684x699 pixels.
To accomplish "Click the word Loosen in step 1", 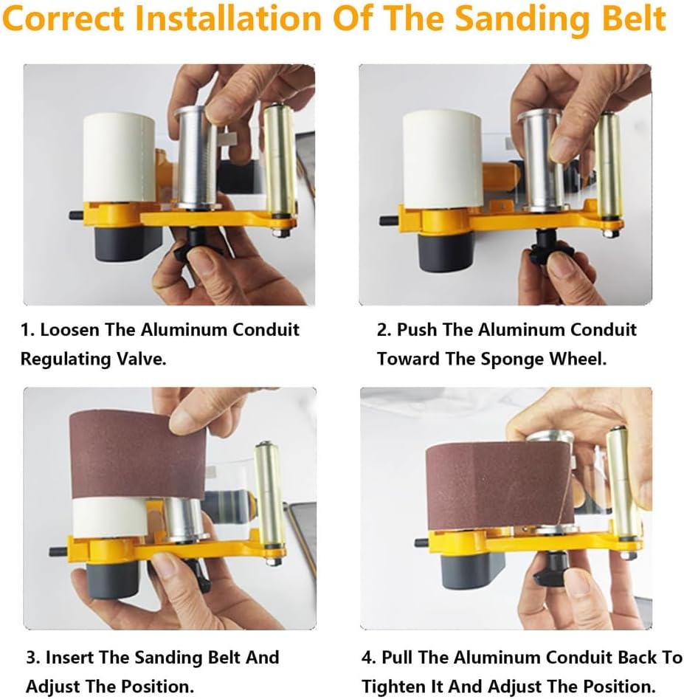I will click(x=69, y=329).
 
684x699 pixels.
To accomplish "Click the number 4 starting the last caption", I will click(x=367, y=657).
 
